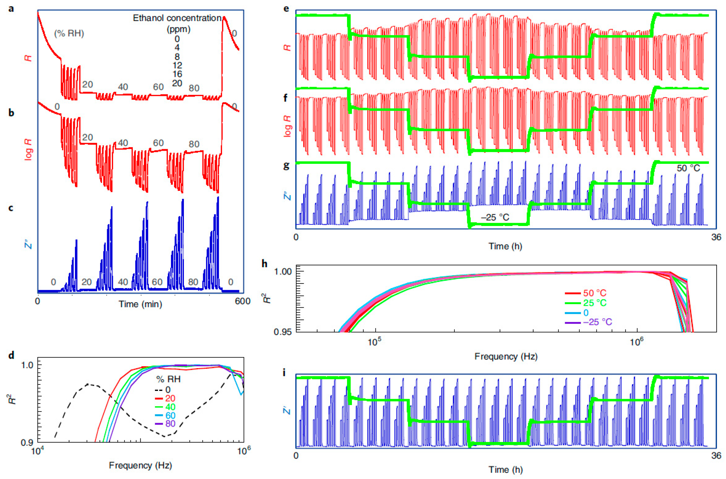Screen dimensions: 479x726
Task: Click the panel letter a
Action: [x=11, y=9]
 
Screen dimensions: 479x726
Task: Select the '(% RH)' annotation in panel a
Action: [x=69, y=33]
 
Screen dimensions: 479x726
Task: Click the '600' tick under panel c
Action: [x=243, y=301]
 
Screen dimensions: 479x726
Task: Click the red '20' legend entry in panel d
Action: [x=170, y=398]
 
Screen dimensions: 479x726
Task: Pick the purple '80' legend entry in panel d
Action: [x=170, y=424]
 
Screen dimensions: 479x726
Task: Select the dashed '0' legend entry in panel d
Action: [x=167, y=390]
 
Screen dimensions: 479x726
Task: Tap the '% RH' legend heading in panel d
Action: [x=169, y=380]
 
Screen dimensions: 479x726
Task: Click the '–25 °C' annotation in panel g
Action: [x=495, y=218]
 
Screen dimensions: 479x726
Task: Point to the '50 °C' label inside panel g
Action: [x=688, y=168]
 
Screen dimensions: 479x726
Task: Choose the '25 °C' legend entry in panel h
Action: [x=594, y=303]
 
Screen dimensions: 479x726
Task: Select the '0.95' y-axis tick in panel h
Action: [x=283, y=332]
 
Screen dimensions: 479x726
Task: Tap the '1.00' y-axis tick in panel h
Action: [x=283, y=271]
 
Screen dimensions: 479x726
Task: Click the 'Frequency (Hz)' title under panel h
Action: [x=506, y=357]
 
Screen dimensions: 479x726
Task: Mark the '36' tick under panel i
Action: [x=716, y=455]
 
